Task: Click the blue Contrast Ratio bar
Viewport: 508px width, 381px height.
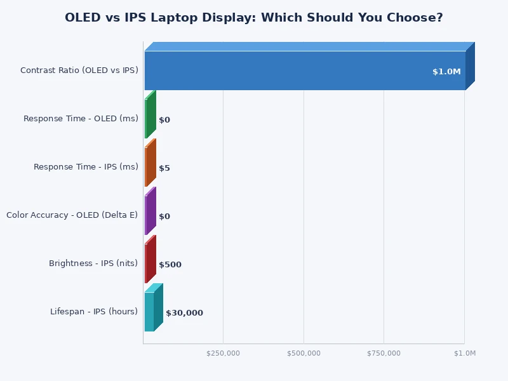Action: [x=305, y=70]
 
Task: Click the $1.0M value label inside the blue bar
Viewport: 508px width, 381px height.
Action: [x=446, y=72]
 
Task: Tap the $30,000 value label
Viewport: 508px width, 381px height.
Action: [x=184, y=313]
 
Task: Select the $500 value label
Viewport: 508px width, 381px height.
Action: [x=170, y=265]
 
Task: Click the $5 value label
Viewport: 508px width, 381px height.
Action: [x=164, y=168]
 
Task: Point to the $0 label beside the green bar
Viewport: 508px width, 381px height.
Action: [x=164, y=120]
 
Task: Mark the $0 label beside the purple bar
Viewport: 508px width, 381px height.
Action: [x=164, y=217]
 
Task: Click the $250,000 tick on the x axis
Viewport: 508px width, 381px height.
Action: [x=224, y=353]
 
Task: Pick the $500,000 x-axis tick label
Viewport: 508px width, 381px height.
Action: [x=304, y=353]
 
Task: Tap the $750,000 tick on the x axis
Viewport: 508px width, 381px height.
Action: [x=384, y=353]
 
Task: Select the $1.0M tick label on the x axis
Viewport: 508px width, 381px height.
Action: [x=465, y=353]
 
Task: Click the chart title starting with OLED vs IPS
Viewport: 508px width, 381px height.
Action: [x=254, y=18]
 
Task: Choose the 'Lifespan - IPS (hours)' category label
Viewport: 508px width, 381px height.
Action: [x=94, y=311]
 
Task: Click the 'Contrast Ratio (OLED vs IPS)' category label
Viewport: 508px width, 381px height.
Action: [x=79, y=70]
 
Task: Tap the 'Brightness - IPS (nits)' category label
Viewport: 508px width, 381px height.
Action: [x=93, y=263]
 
